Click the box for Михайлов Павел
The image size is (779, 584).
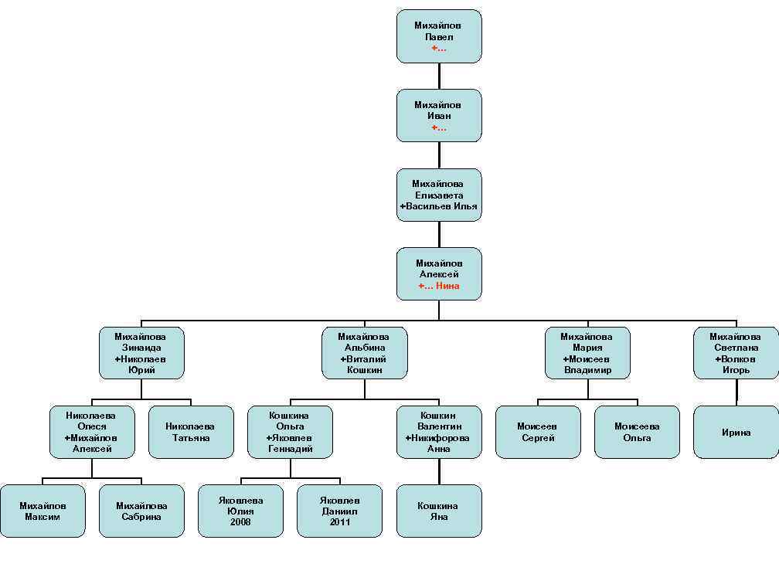tap(439, 36)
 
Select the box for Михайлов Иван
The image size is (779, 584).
tap(439, 116)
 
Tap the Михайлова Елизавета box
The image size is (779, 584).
tap(439, 195)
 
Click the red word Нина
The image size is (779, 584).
tap(447, 286)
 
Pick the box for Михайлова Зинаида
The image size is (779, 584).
tap(141, 353)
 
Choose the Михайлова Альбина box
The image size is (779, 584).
tap(364, 353)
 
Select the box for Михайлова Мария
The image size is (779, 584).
tap(587, 353)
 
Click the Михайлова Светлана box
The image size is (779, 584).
tap(736, 353)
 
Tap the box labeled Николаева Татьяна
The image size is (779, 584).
tap(191, 432)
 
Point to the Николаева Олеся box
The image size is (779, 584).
tap(92, 432)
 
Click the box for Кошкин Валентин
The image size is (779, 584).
tap(439, 432)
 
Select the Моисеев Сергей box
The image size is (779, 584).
tap(538, 432)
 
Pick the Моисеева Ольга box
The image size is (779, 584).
tap(637, 432)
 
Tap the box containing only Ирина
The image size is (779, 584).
tap(736, 432)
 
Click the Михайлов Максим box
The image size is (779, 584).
tap(43, 511)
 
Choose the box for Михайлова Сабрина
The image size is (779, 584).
tap(141, 511)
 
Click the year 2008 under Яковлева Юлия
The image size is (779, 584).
tap(240, 522)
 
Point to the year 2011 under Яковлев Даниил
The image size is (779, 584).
tap(339, 522)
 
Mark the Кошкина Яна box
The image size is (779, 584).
tap(439, 511)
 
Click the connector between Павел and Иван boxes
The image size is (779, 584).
tap(439, 76)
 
